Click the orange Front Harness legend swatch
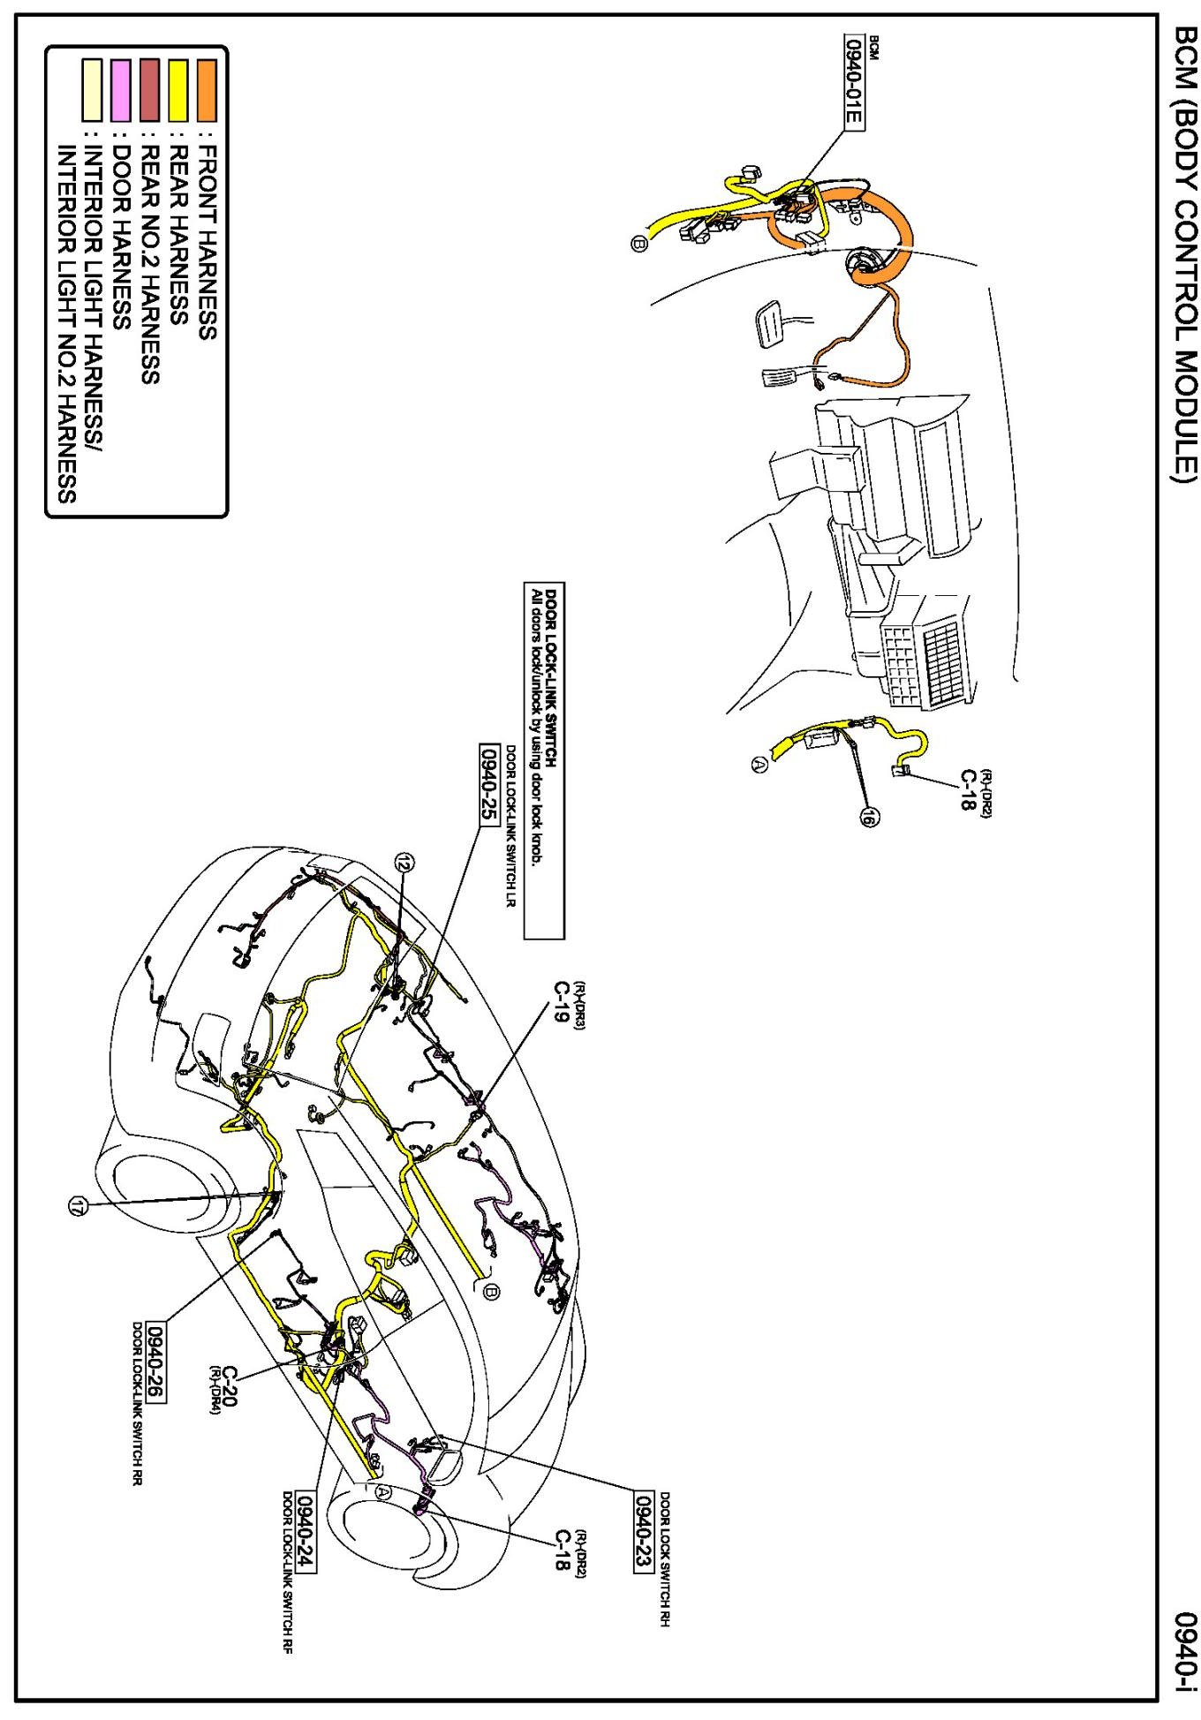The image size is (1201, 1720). (x=207, y=89)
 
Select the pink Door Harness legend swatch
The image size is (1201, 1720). (x=121, y=89)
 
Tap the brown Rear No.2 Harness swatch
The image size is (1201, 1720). (x=149, y=89)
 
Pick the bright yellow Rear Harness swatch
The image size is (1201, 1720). (x=178, y=89)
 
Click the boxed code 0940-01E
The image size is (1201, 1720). (x=854, y=83)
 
